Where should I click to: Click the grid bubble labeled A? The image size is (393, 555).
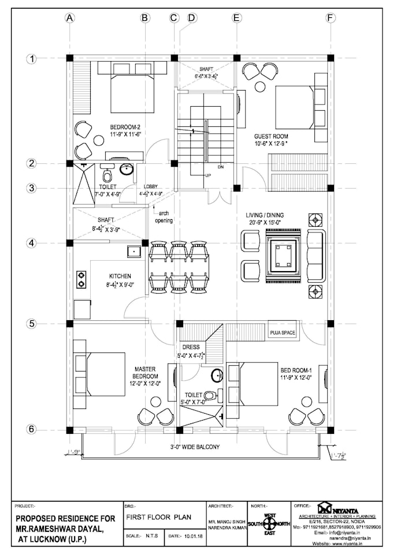70,18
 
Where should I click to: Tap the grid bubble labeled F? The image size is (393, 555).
330,18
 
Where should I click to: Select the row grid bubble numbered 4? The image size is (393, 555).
32,243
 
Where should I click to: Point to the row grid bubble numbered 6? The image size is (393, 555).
32,429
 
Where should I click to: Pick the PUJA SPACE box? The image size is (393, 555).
282,333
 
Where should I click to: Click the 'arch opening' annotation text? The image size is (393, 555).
164,217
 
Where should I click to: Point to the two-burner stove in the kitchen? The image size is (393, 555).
81,279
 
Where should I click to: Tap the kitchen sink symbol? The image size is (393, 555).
134,251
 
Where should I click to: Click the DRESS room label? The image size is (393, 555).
191,347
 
